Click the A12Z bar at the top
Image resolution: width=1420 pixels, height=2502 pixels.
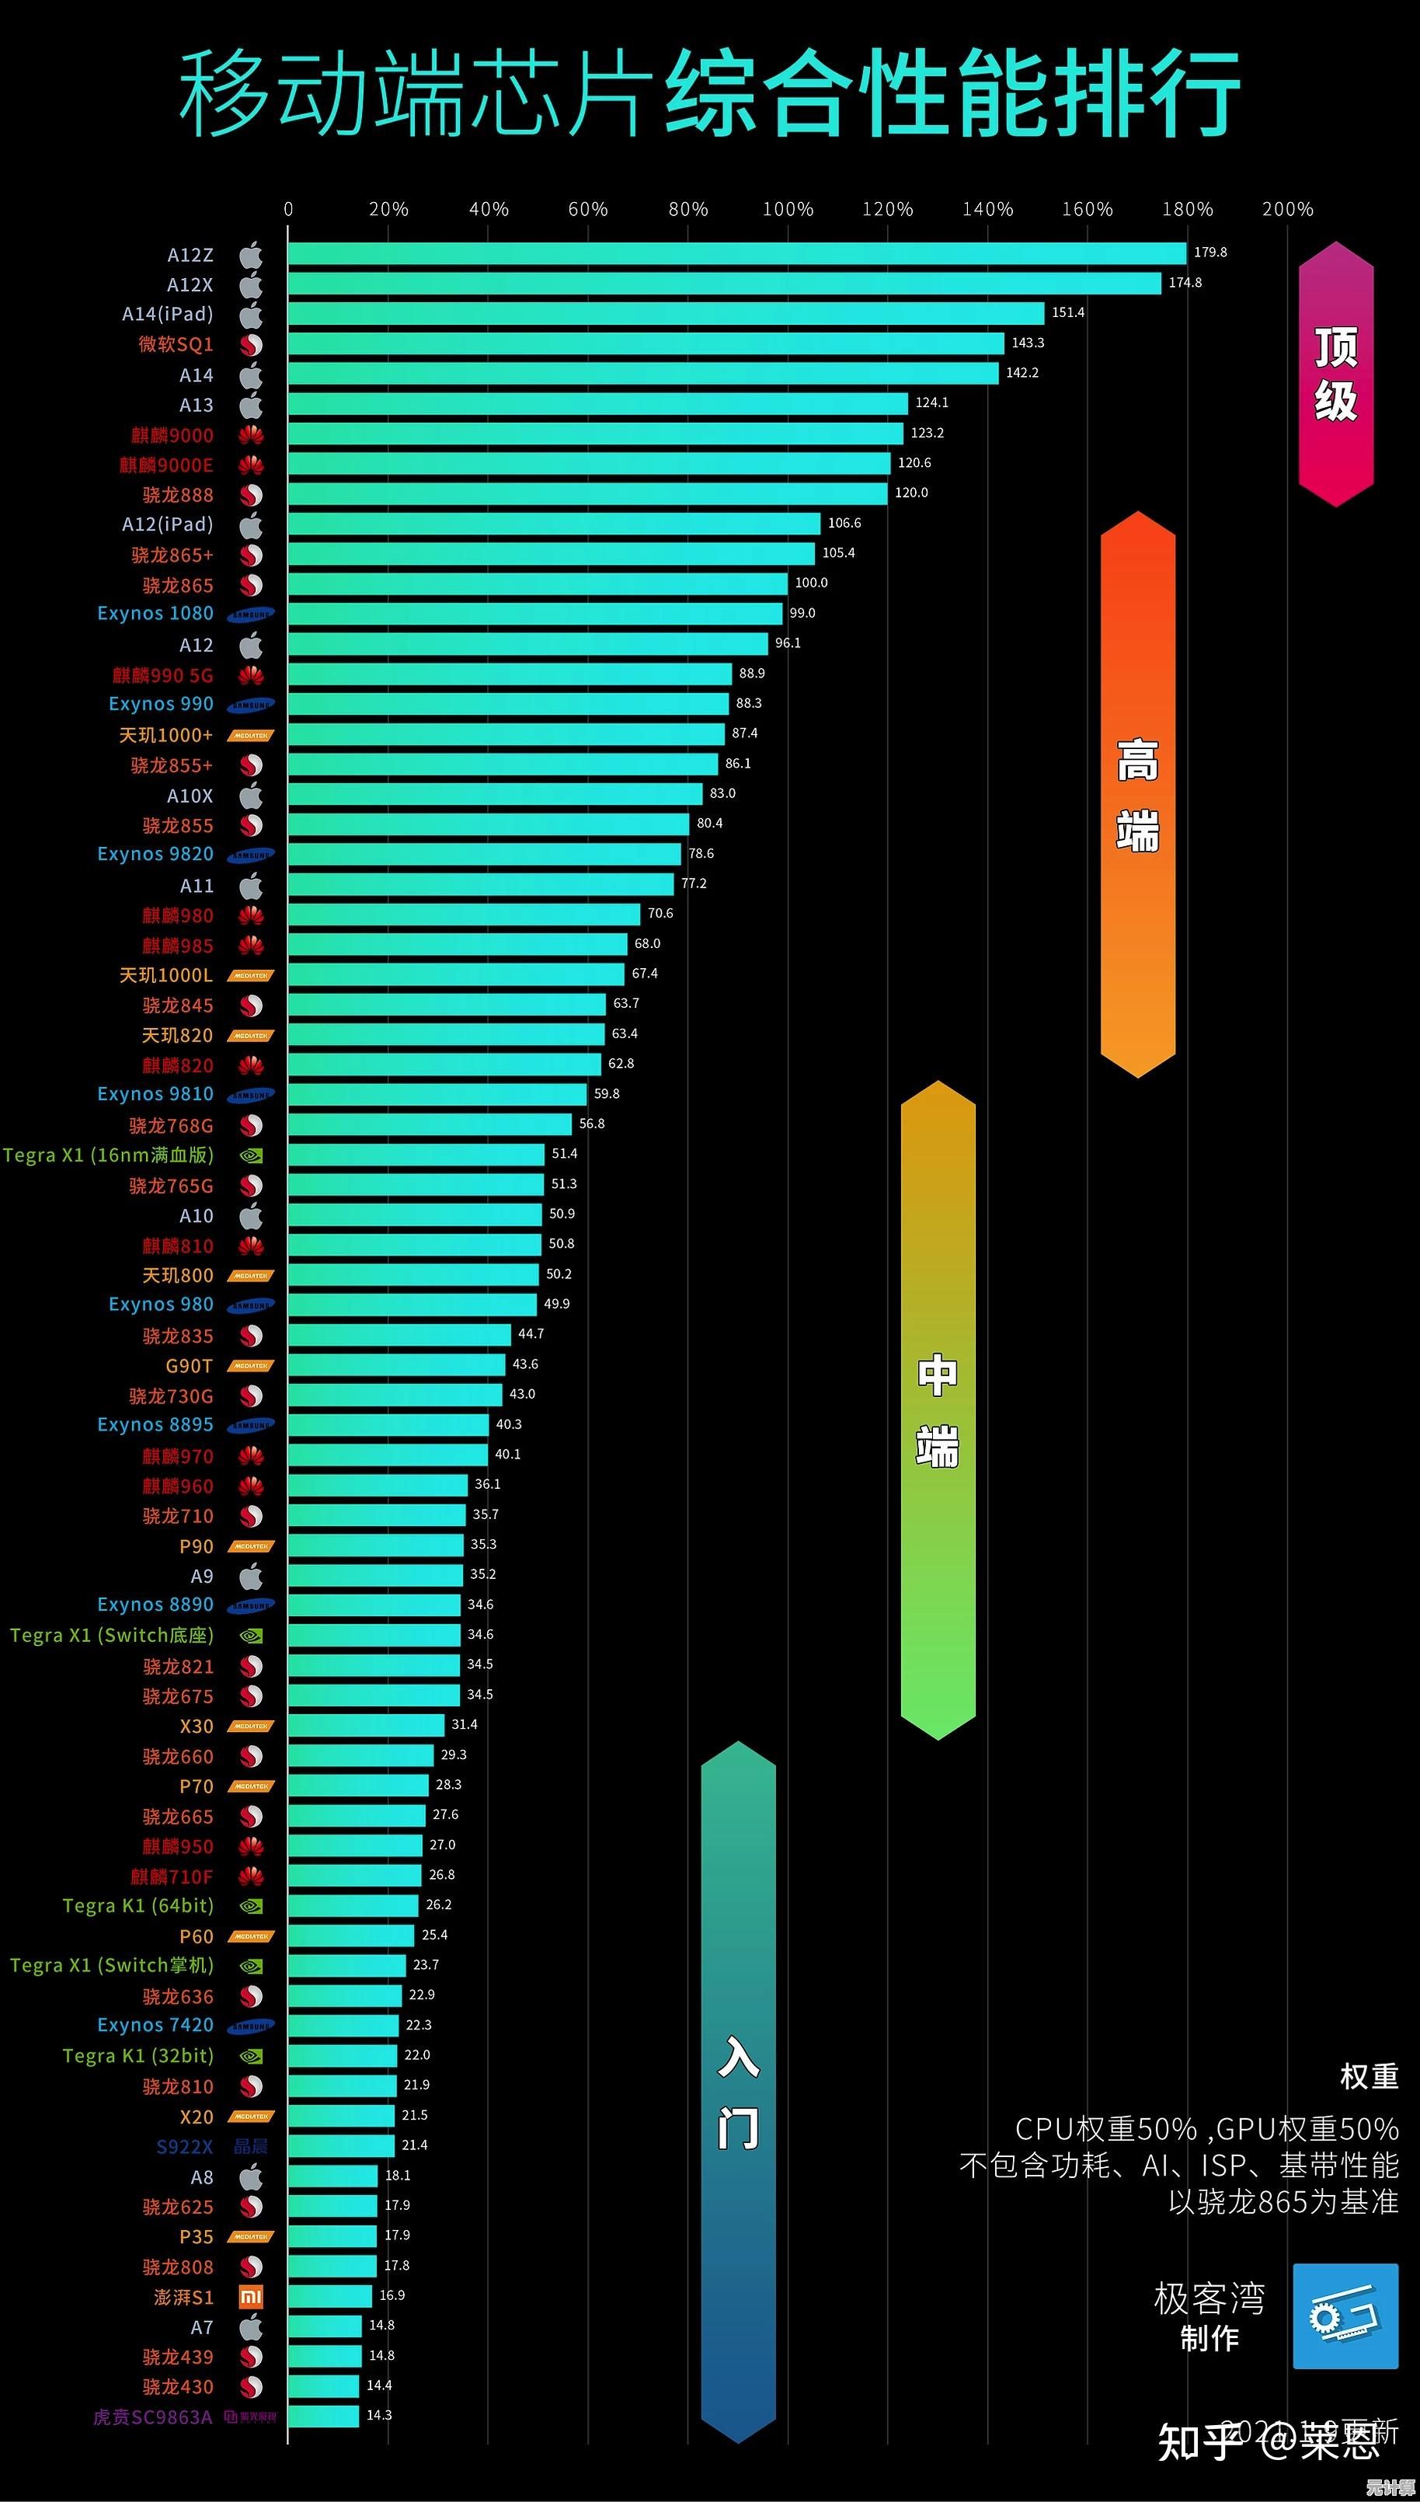(x=736, y=253)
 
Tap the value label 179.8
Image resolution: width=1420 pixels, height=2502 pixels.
(x=1210, y=253)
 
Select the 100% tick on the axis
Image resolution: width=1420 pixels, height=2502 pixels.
(x=787, y=210)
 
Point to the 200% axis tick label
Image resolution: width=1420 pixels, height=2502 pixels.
(x=1287, y=210)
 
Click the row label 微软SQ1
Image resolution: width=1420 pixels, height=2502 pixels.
(x=176, y=344)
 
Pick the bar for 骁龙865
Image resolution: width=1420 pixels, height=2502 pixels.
(x=538, y=584)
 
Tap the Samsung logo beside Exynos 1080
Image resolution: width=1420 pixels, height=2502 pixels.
(x=251, y=615)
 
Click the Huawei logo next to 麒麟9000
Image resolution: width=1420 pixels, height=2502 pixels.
(x=251, y=435)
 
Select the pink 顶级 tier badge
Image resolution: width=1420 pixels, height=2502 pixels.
(x=1335, y=375)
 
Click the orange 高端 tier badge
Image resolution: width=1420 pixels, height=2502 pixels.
(x=1137, y=794)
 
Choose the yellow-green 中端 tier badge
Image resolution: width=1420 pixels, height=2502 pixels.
(x=938, y=1410)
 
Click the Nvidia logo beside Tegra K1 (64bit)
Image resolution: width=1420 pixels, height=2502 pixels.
(x=251, y=1906)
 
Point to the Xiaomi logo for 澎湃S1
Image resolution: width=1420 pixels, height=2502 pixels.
(x=251, y=2297)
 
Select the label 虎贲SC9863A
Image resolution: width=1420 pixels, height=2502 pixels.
(x=152, y=2417)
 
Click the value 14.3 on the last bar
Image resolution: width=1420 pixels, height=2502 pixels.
(x=379, y=2415)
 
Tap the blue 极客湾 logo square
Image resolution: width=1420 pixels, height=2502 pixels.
(x=1345, y=2316)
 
